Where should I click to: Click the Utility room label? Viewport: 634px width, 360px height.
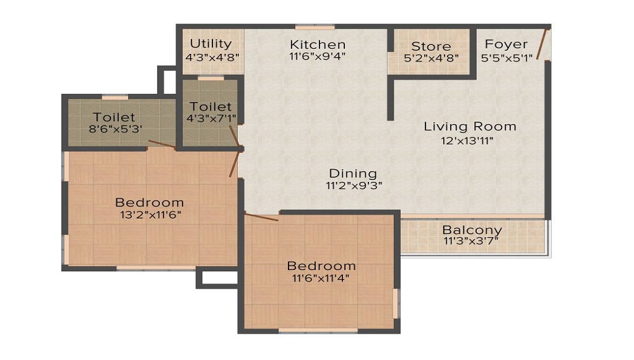(210, 44)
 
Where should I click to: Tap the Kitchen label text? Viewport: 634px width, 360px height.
(318, 44)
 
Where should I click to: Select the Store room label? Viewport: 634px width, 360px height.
(431, 46)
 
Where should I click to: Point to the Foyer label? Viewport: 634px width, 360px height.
(506, 44)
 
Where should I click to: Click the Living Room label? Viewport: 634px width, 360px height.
(470, 126)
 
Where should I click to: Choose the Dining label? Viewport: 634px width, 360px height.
(353, 173)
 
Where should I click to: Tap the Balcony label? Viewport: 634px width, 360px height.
(472, 230)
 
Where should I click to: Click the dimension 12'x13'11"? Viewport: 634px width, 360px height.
(468, 141)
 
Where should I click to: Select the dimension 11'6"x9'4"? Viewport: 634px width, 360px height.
(318, 57)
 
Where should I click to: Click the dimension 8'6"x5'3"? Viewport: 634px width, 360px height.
(114, 130)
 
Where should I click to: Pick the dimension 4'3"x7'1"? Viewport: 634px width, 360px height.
(210, 119)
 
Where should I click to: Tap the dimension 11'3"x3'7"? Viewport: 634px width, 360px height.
(472, 242)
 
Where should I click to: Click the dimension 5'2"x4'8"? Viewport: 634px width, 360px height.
(431, 58)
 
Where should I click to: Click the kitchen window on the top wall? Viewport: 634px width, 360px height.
(314, 27)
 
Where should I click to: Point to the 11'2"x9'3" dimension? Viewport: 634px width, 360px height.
(353, 186)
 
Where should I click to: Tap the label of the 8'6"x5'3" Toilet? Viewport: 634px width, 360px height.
(114, 117)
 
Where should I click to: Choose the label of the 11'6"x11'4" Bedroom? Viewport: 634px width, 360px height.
(321, 265)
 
